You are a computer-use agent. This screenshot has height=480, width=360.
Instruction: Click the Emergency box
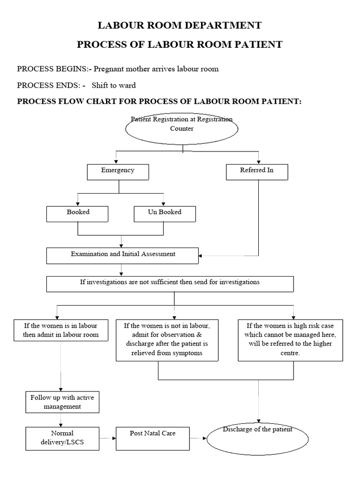click(x=118, y=172)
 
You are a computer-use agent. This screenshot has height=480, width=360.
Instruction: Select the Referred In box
click(x=257, y=172)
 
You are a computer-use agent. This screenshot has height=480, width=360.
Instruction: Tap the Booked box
click(x=78, y=214)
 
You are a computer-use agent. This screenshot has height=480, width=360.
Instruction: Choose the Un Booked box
click(x=165, y=214)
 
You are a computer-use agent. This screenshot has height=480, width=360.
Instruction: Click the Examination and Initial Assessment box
click(x=123, y=255)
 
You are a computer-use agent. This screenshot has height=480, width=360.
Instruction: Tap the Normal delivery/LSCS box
click(x=62, y=438)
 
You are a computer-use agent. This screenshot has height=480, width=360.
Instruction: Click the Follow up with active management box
click(x=62, y=402)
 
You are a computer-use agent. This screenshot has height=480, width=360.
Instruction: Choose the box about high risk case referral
click(x=291, y=340)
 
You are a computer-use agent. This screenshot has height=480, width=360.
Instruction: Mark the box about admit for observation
click(x=167, y=340)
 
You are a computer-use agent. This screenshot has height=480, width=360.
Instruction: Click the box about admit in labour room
click(x=61, y=331)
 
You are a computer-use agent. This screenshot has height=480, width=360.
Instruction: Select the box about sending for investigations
click(x=170, y=284)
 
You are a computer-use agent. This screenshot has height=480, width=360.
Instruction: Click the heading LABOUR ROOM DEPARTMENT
click(x=180, y=25)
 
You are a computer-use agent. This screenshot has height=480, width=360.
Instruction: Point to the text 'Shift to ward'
click(x=113, y=85)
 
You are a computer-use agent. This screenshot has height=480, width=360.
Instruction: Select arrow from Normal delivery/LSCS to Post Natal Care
click(x=107, y=438)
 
